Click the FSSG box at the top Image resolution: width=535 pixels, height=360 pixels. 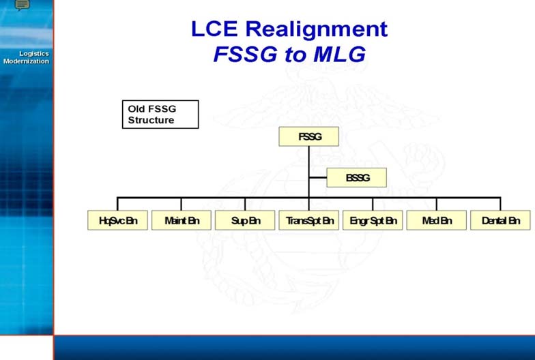point(308,136)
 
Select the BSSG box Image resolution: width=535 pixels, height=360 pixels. point(356,177)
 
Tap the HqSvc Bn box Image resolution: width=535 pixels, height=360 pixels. point(117,220)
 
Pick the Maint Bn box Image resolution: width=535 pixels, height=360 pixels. point(182,220)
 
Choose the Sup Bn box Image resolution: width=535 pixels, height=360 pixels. point(245,220)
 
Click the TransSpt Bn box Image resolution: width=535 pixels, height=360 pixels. point(308,220)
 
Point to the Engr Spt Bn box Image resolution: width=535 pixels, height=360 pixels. point(373,220)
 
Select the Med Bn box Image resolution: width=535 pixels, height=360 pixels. point(437,220)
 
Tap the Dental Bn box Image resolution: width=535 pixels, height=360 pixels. point(500,220)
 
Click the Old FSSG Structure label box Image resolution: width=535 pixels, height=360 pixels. point(160,115)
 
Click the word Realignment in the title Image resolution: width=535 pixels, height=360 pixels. point(317,29)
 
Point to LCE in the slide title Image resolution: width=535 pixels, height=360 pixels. point(214,29)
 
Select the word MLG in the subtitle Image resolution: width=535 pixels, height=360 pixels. point(340,55)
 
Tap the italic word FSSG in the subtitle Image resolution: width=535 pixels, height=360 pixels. point(246,55)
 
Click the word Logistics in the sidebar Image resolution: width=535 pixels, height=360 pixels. point(34,54)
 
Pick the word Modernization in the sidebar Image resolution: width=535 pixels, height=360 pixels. point(26,61)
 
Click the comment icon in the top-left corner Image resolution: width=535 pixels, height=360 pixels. point(23,4)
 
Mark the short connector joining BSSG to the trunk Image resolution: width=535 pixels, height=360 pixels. point(318,177)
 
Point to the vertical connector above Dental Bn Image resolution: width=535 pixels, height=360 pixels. point(500,204)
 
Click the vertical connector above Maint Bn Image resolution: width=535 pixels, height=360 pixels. point(182,204)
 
